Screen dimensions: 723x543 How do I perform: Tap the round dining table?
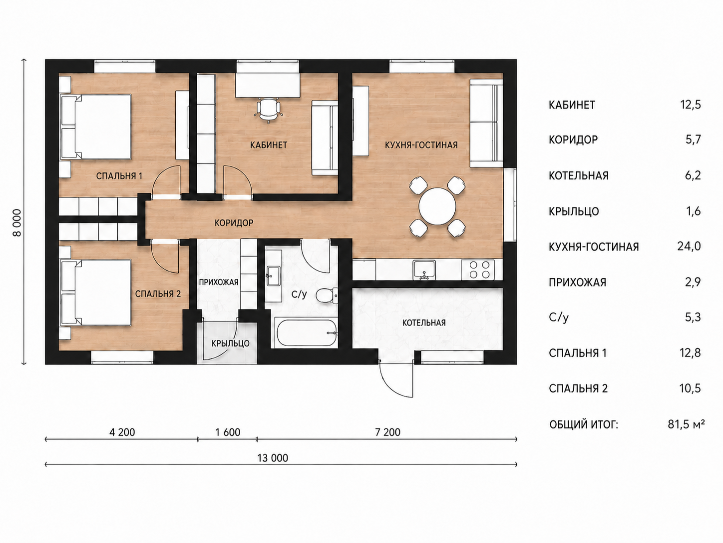click(x=437, y=206)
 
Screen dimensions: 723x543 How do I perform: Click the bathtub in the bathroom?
click(x=307, y=332)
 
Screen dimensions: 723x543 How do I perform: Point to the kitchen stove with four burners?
click(x=478, y=269)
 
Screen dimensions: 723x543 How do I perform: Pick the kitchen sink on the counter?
click(x=424, y=270)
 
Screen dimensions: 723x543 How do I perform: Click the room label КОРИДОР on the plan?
click(x=234, y=223)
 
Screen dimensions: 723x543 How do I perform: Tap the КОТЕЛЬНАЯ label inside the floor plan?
click(x=424, y=322)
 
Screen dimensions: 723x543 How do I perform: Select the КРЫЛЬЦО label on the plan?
click(x=230, y=343)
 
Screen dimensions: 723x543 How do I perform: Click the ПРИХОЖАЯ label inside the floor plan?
click(x=218, y=282)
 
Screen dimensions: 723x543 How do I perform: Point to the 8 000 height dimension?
click(x=17, y=222)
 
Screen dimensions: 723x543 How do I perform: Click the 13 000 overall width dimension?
click(x=273, y=458)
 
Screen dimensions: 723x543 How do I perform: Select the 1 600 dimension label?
click(x=228, y=432)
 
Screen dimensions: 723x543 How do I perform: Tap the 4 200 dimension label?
click(x=122, y=432)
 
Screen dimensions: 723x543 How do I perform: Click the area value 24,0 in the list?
click(x=689, y=246)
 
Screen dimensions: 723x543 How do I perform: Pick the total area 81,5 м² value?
click(x=686, y=424)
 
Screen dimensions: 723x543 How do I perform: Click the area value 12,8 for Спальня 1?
click(x=690, y=353)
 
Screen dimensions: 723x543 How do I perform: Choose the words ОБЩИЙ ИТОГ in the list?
click(x=583, y=424)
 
